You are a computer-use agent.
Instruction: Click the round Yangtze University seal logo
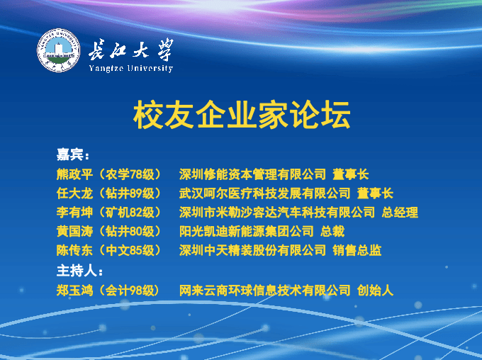click(x=58, y=50)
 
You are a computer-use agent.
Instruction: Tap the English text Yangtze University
click(x=131, y=68)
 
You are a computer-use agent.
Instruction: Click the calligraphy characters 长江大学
click(x=131, y=50)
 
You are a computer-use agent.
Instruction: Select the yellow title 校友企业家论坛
click(x=242, y=114)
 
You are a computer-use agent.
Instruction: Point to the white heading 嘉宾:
click(x=73, y=154)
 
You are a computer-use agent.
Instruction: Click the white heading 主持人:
click(x=79, y=271)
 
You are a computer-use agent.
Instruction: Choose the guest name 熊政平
click(x=74, y=174)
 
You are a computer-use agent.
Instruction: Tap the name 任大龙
click(x=74, y=193)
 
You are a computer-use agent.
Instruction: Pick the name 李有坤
click(x=74, y=213)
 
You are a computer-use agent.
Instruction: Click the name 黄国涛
click(x=74, y=232)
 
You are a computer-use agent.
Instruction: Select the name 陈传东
click(x=74, y=251)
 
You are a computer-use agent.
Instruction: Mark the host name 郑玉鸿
click(x=74, y=291)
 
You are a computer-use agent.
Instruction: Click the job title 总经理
click(x=400, y=213)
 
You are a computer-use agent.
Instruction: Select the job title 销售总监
click(x=357, y=251)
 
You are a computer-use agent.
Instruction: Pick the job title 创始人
click(x=376, y=291)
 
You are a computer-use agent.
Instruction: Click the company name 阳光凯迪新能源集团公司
click(x=247, y=232)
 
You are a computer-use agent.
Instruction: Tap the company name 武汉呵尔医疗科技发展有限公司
click(x=265, y=193)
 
